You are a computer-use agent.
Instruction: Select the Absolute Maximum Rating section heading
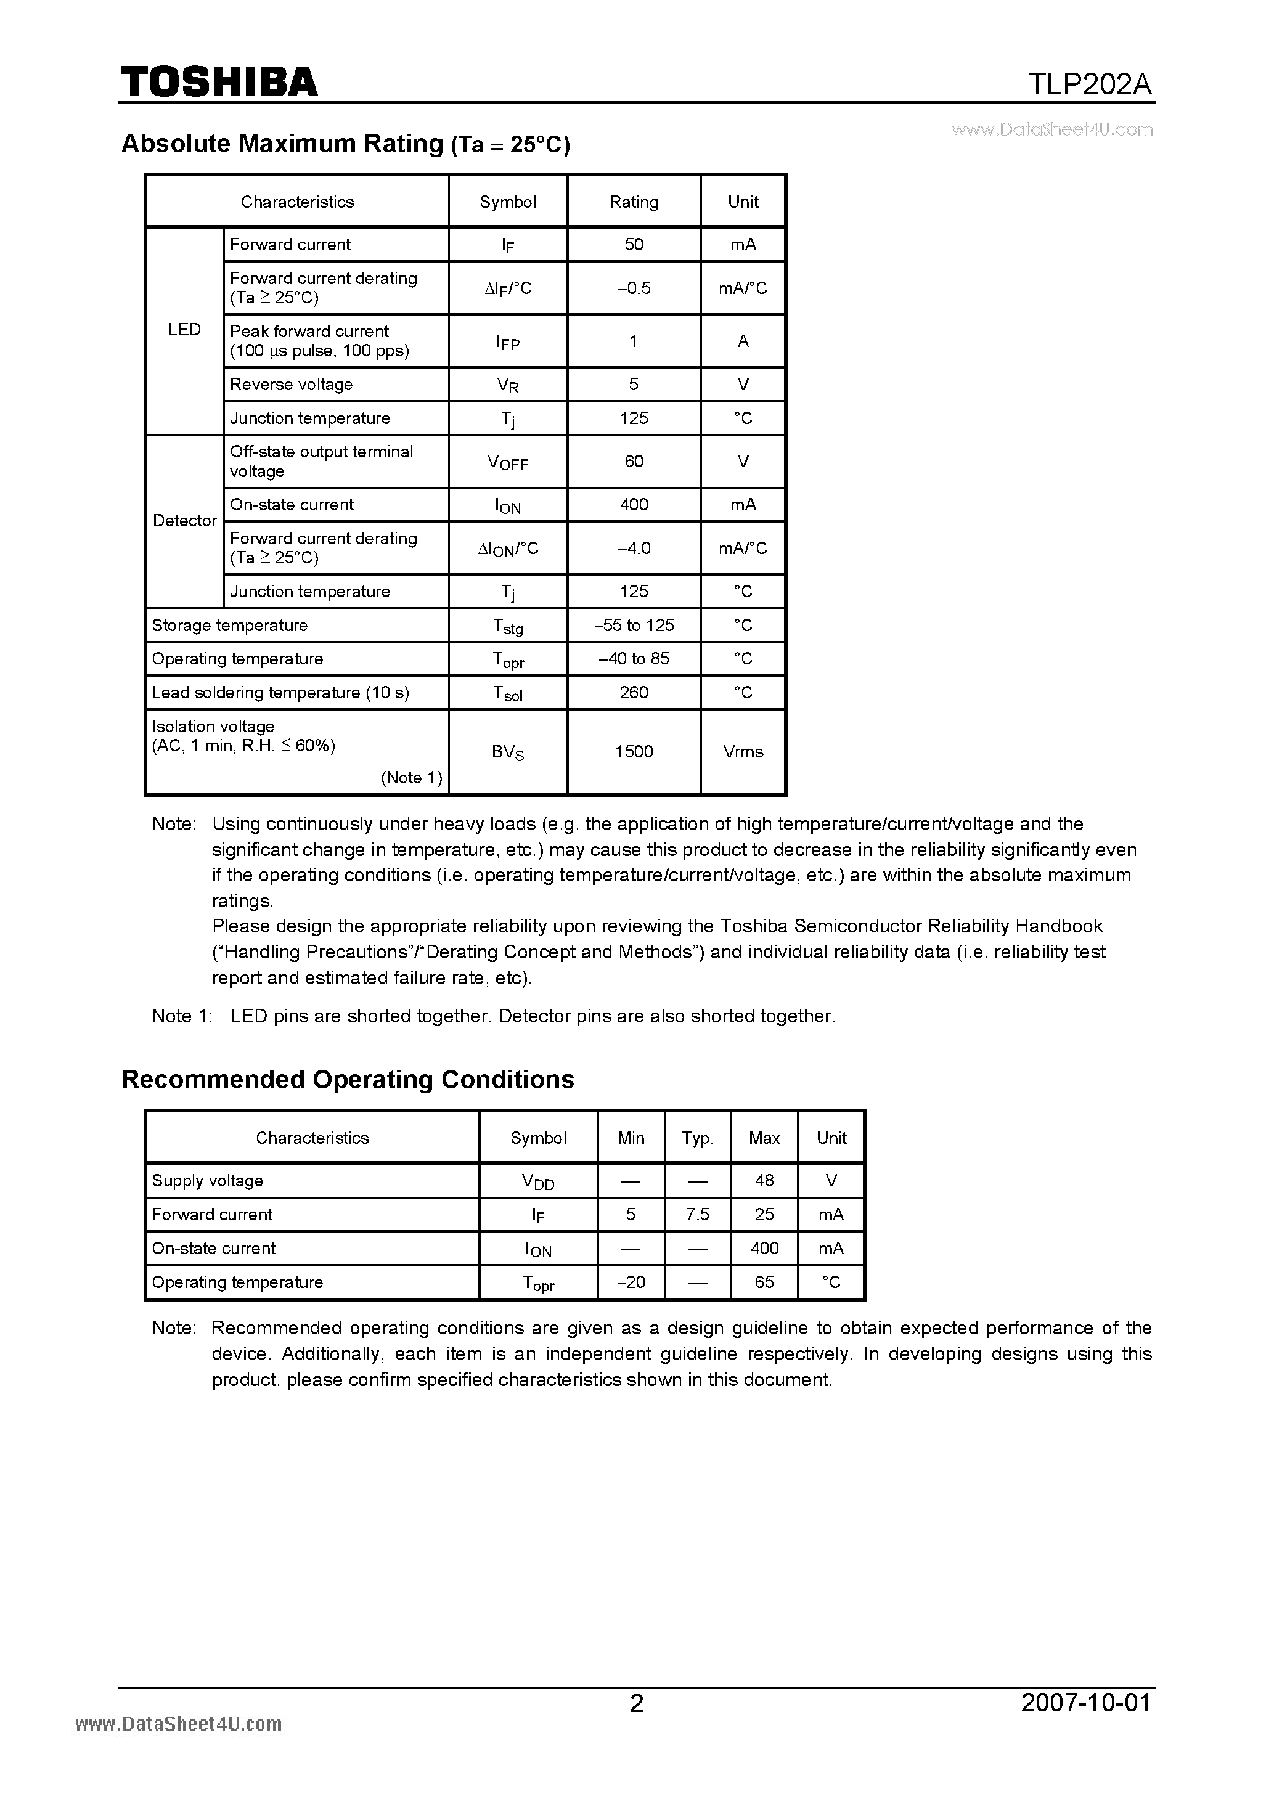click(x=345, y=144)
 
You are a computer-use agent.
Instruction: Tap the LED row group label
click(x=184, y=330)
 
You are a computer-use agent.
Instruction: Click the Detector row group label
click(x=184, y=520)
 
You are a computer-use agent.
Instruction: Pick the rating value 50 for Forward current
click(x=634, y=244)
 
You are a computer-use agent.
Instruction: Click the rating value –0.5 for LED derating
click(x=634, y=288)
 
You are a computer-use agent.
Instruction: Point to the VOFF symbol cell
click(x=508, y=462)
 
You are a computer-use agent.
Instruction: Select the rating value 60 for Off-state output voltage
click(x=634, y=462)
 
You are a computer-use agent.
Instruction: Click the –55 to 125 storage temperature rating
click(x=634, y=626)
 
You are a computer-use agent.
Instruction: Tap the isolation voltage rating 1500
click(x=634, y=752)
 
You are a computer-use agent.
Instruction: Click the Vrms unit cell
click(x=743, y=752)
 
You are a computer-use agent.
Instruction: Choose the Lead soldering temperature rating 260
click(x=634, y=692)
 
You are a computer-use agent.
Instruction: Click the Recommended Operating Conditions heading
click(x=348, y=1080)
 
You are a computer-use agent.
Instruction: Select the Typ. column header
click(x=697, y=1138)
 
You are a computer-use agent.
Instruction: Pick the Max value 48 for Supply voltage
click(x=764, y=1180)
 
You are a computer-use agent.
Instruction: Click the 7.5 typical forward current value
click(x=697, y=1214)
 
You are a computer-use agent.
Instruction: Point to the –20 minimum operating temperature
click(x=631, y=1282)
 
